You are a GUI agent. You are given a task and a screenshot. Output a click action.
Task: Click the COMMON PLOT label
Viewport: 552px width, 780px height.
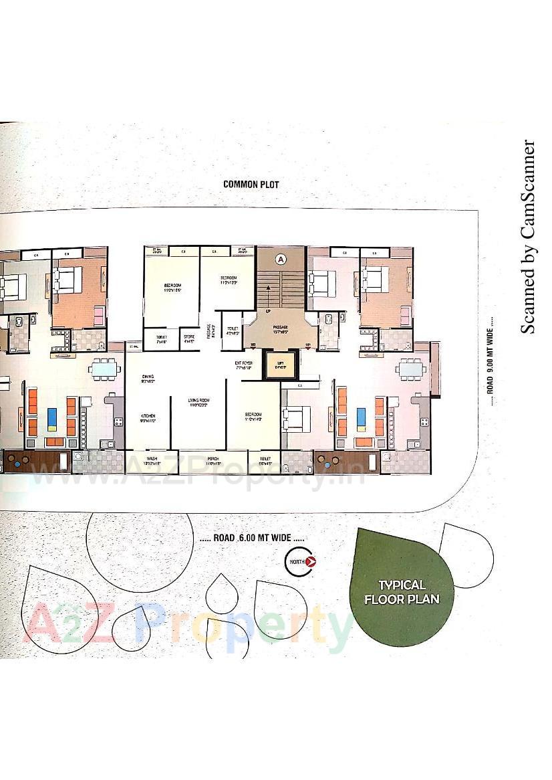pos(251,185)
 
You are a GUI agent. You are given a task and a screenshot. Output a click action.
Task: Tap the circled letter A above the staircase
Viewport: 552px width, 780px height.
pos(281,258)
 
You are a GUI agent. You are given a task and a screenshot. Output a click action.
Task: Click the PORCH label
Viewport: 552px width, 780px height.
pos(213,460)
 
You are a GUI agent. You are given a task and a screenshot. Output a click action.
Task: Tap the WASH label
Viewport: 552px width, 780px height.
pos(152,460)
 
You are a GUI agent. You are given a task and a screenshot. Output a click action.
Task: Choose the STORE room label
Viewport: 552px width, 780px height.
pos(189,339)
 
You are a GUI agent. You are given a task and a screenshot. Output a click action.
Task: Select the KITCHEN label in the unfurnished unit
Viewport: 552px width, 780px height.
pos(148,417)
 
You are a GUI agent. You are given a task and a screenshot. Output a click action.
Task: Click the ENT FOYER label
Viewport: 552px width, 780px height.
pos(243,365)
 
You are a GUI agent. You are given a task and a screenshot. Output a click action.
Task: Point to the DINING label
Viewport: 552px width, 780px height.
pos(148,379)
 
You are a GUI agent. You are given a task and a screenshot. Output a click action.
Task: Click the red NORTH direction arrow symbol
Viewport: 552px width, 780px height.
pos(309,562)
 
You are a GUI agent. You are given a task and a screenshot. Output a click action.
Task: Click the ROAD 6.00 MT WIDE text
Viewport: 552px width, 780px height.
pos(252,537)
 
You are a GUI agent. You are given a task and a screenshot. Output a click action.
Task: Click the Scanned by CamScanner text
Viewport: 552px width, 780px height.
pos(528,237)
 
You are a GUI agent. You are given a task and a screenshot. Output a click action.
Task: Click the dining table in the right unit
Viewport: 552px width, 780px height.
pos(412,368)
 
